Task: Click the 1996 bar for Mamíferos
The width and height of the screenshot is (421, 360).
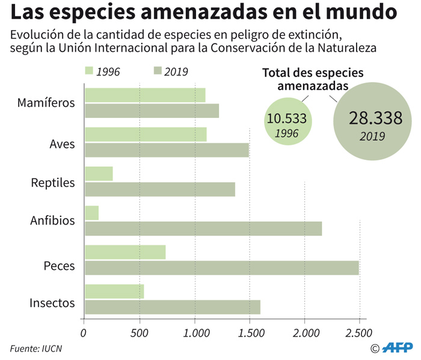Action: point(145,95)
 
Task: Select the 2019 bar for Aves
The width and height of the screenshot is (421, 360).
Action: point(167,150)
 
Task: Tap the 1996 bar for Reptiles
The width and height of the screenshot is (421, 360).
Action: point(99,173)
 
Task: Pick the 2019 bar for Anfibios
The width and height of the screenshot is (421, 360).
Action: point(203,228)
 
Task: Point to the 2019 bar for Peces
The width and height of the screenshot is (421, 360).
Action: point(221,267)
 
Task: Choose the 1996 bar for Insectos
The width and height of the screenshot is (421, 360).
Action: point(114,291)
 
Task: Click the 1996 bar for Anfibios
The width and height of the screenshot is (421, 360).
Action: point(91,213)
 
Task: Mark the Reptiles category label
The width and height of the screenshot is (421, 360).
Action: point(53,182)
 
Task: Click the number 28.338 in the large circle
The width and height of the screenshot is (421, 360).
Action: point(375,118)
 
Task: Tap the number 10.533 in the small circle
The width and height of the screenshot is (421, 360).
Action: point(287,118)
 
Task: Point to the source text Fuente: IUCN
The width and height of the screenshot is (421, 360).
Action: point(35,347)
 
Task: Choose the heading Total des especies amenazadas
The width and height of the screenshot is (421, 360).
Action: point(313,79)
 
